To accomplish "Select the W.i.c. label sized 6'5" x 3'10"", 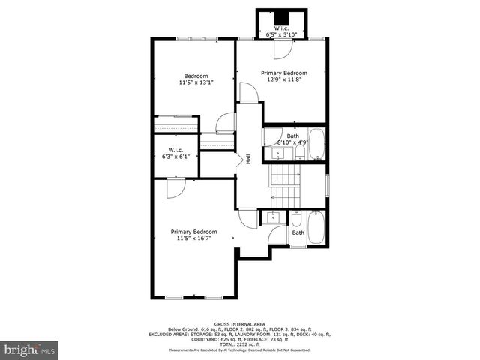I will tap(282, 34).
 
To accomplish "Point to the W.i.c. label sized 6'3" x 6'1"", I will tap(176, 157).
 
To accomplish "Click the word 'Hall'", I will tap(248, 159).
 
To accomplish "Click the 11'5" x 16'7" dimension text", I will tap(193, 238).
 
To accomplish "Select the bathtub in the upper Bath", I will tap(317, 145).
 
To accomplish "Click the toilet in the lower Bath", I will tap(298, 220).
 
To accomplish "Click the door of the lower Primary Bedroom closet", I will tap(173, 187).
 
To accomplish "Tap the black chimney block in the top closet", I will tap(282, 19).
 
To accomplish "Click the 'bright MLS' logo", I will tap(30, 349).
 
